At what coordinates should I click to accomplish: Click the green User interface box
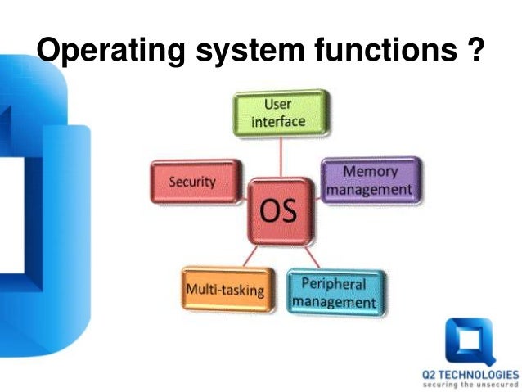click(x=281, y=113)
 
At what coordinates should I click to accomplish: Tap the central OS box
click(x=280, y=212)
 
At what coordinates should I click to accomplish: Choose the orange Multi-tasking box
click(x=224, y=290)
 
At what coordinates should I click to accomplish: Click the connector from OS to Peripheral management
click(x=312, y=255)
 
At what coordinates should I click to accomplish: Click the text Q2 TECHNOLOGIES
click(x=470, y=375)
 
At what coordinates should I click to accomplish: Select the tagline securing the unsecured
click(x=470, y=385)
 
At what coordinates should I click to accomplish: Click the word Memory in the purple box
click(x=370, y=171)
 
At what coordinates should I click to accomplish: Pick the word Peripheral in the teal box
click(x=334, y=284)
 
